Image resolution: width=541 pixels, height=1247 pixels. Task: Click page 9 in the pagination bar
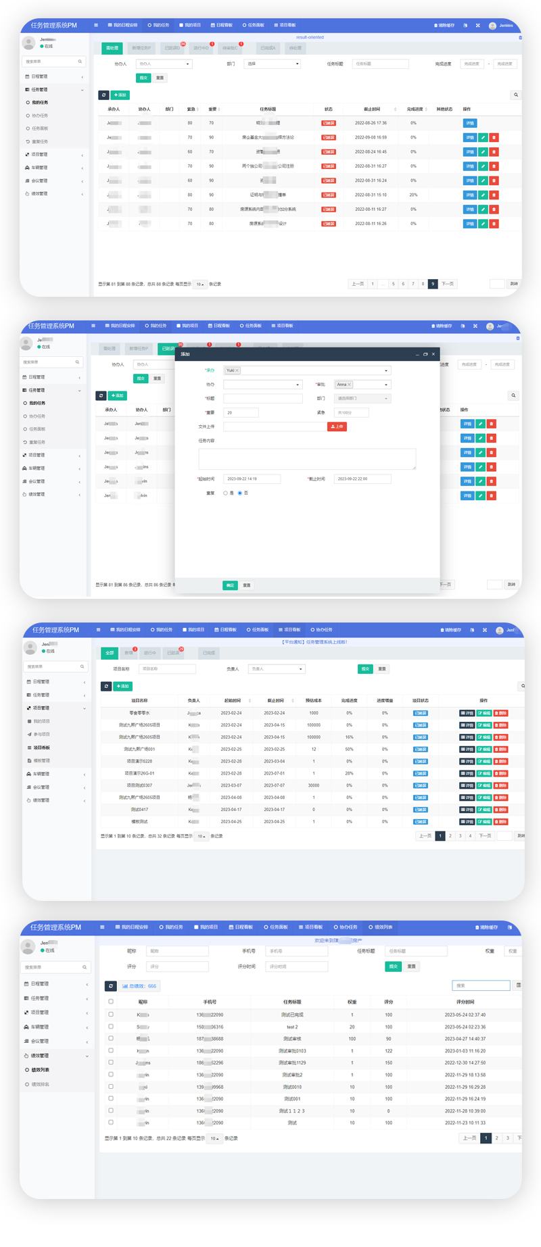(x=432, y=284)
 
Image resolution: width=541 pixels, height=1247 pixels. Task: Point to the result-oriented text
(x=310, y=37)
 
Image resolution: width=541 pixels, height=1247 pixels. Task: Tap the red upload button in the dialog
(x=337, y=426)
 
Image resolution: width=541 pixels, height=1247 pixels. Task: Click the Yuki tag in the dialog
(x=231, y=370)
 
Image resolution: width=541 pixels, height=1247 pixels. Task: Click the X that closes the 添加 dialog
(x=433, y=354)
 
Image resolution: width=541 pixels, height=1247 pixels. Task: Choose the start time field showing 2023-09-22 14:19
(x=252, y=479)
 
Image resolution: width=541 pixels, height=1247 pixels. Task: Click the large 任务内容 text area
(x=307, y=459)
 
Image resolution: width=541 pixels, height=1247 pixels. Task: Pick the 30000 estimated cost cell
(x=313, y=785)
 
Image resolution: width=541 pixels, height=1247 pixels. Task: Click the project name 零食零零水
(x=139, y=713)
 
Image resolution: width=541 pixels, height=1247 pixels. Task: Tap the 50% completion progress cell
(x=349, y=749)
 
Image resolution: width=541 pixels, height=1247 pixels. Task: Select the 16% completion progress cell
(x=349, y=737)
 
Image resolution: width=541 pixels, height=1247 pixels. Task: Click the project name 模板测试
(x=139, y=822)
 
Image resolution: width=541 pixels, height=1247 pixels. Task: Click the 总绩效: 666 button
(x=140, y=986)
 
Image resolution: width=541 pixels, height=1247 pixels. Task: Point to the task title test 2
(x=292, y=1027)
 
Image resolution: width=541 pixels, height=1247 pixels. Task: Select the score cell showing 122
(x=388, y=1051)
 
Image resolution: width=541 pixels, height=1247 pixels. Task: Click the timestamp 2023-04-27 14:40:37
(x=465, y=1039)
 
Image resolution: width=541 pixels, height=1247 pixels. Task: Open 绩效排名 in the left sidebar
(x=41, y=1084)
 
